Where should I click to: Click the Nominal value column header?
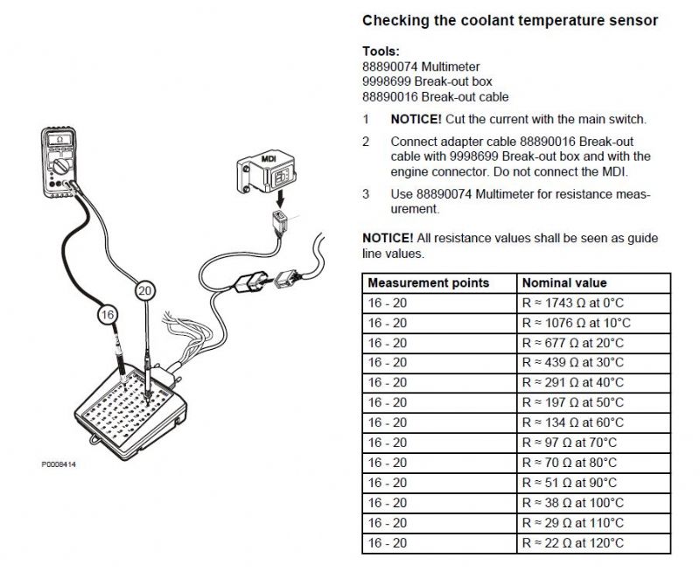pos(563,283)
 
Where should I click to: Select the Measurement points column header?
pos(428,283)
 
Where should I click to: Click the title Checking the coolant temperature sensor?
pos(510,20)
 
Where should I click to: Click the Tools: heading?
pos(381,52)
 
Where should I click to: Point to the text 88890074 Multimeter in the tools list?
pos(420,66)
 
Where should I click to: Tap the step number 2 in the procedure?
pos(367,142)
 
